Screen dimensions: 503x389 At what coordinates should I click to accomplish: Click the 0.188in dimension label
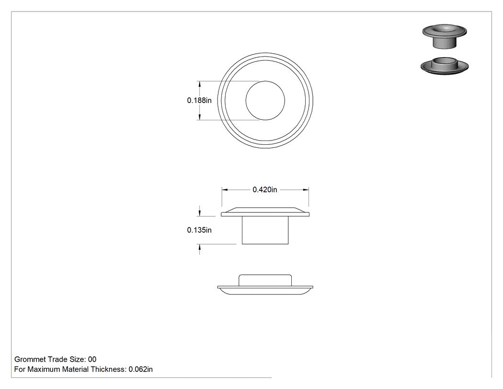[199, 101]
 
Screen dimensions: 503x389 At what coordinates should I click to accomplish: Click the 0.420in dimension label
[264, 190]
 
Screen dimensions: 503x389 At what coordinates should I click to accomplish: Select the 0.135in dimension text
[199, 230]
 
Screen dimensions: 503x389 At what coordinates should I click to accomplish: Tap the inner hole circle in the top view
[265, 81]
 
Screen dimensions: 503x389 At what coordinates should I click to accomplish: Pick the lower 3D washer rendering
[445, 66]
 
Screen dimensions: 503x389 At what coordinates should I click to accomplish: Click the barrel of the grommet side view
[265, 230]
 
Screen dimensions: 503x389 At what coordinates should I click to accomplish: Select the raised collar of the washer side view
[265, 280]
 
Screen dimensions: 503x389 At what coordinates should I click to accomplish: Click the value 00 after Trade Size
[92, 359]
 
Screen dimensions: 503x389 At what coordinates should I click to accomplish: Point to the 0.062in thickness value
[140, 369]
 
